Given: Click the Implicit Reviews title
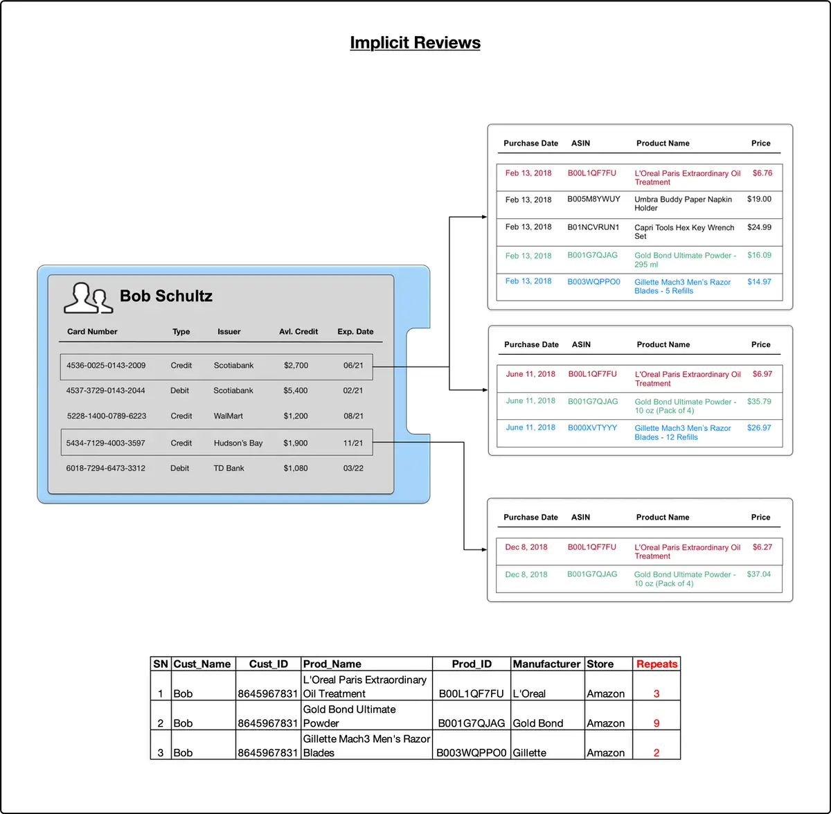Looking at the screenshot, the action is tap(415, 42).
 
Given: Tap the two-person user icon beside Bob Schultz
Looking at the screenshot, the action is tap(89, 298).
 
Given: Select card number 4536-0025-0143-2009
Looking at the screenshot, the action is tap(106, 366).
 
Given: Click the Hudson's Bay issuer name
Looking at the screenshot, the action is tap(238, 443).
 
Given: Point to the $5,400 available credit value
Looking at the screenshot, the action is tap(296, 391).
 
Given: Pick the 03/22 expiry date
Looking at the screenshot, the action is tap(353, 468).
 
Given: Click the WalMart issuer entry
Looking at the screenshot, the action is tap(228, 416).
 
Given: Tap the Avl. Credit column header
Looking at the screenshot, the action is tap(298, 331).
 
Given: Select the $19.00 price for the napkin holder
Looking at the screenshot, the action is tap(759, 199).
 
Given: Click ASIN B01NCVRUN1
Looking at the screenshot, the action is tap(593, 227).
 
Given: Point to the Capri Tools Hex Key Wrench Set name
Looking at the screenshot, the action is tap(684, 232).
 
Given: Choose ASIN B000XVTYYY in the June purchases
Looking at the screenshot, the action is tap(592, 427).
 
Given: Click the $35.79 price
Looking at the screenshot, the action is tap(759, 401).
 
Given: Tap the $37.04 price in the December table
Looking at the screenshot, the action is tap(758, 574).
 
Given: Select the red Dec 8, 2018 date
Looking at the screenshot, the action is tap(526, 547).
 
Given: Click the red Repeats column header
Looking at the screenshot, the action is tap(656, 664).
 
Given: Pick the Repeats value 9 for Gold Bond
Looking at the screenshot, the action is tap(656, 723).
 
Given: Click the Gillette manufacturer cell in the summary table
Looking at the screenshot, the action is tap(529, 753).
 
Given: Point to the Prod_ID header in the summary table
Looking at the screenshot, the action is tap(472, 664).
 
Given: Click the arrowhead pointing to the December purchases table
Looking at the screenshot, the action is tap(484, 550).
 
